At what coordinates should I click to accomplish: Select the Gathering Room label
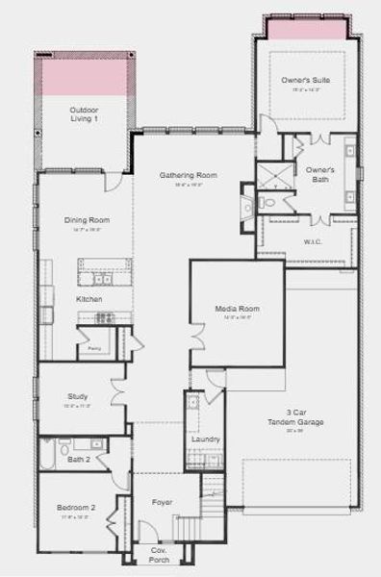click(x=189, y=175)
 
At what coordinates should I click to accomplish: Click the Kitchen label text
click(x=89, y=299)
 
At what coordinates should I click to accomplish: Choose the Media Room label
click(x=237, y=309)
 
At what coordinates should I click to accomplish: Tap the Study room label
click(x=78, y=396)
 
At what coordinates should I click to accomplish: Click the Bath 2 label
click(x=78, y=461)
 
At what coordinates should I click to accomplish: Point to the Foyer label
click(x=163, y=502)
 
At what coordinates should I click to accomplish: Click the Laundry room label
click(x=205, y=439)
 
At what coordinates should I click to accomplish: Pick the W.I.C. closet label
click(x=312, y=241)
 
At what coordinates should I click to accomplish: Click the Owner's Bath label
click(x=319, y=174)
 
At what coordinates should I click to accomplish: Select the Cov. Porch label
click(x=158, y=555)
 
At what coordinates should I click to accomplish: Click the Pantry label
click(x=95, y=347)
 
